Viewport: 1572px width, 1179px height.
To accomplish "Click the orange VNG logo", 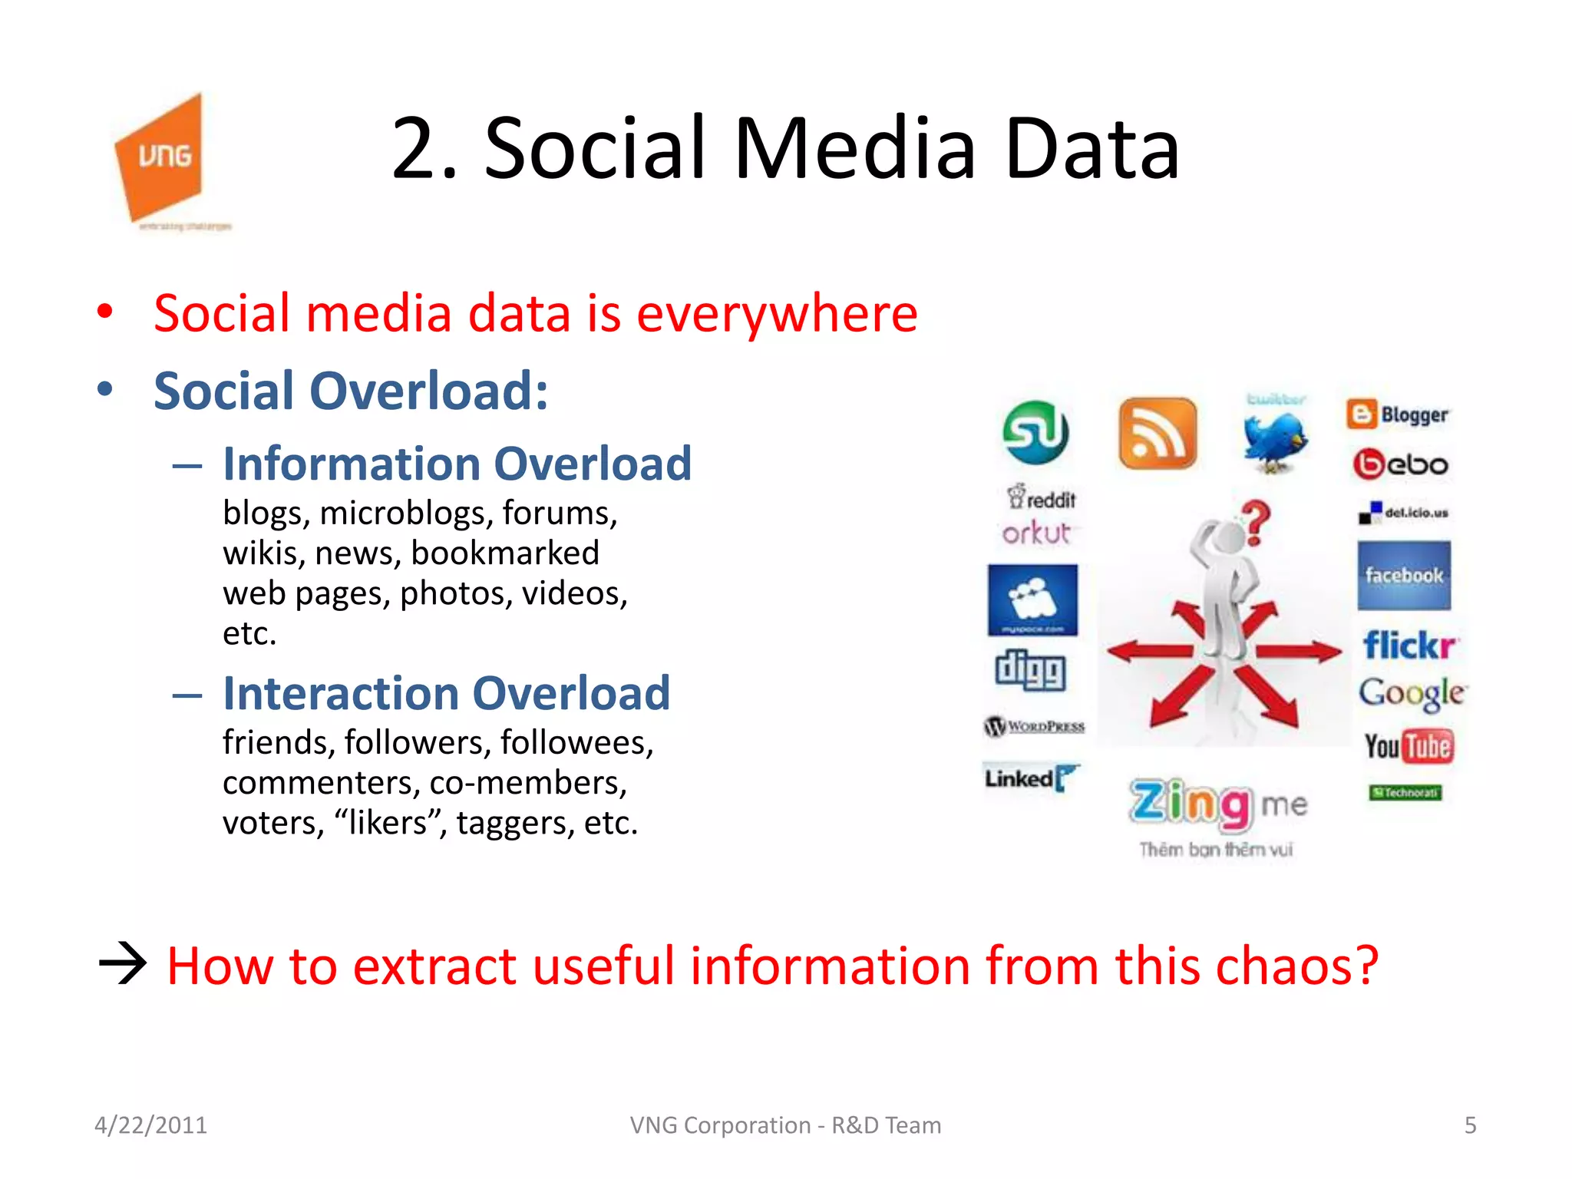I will point(162,157).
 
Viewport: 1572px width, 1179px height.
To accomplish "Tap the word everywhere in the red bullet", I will point(777,313).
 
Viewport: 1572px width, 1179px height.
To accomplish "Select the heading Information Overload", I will point(457,464).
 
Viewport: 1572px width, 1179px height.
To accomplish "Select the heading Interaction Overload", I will point(446,693).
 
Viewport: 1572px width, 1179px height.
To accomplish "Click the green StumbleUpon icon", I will point(1035,432).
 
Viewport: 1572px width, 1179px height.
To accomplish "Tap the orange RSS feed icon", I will point(1158,434).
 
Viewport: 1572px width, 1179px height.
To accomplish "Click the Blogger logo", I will point(1398,414).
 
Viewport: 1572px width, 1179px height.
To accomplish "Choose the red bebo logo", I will point(1400,464).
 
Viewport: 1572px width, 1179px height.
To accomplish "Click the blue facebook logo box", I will point(1404,575).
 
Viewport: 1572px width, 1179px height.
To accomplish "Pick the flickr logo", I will point(1409,645).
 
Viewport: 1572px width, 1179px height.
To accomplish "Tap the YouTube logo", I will point(1409,746).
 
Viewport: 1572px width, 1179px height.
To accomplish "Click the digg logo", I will point(1031,670).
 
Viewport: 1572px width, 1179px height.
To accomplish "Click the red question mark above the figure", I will point(1255,522).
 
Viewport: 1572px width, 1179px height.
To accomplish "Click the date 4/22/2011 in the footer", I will point(150,1125).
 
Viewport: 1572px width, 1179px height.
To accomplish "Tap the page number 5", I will point(1470,1125).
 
